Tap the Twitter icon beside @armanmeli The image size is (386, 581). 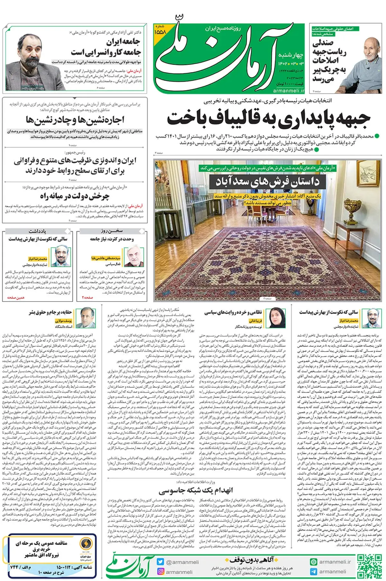tap(160, 562)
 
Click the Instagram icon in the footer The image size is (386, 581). tap(160, 571)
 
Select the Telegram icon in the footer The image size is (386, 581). tap(313, 571)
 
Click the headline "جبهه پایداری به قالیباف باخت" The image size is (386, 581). tap(269, 119)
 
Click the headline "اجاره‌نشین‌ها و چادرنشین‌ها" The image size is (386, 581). tap(75, 120)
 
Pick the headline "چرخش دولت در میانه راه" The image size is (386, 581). tap(75, 196)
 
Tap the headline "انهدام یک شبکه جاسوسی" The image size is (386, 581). tap(196, 490)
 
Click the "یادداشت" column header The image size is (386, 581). tap(37, 231)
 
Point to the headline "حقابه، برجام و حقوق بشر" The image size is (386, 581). tap(51, 312)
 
